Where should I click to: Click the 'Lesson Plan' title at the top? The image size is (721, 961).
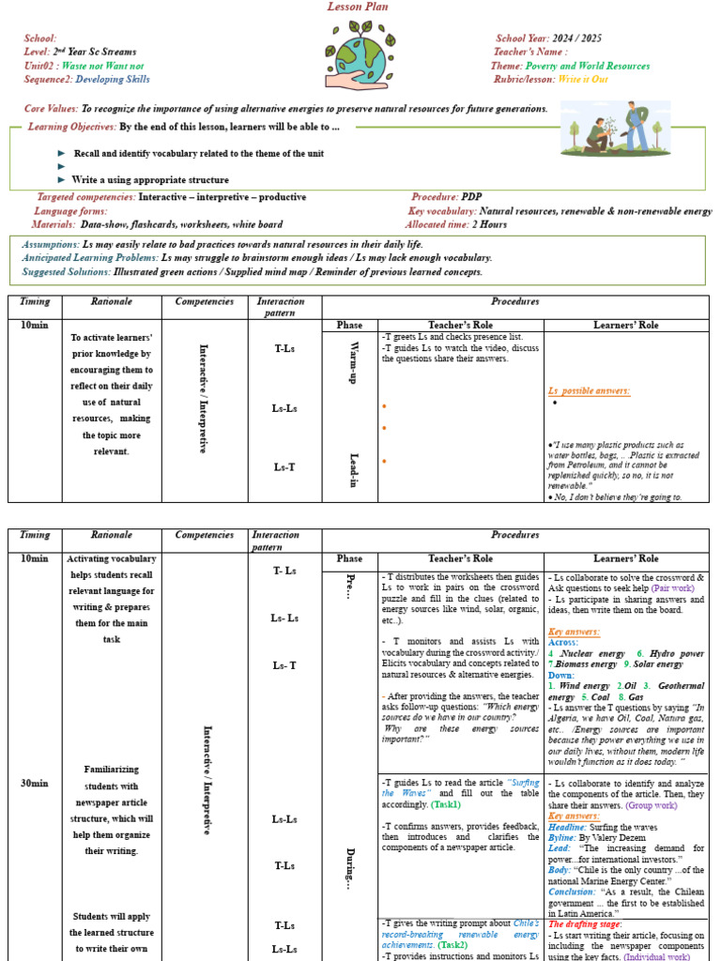point(357,7)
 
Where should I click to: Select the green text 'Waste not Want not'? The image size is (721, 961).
point(102,66)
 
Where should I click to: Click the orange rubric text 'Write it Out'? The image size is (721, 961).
point(583,80)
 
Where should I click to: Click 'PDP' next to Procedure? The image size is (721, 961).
point(472,197)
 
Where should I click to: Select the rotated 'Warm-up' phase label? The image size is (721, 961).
point(350,365)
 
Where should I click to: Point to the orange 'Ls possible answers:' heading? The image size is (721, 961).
point(589,390)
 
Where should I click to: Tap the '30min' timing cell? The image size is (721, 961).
point(35,783)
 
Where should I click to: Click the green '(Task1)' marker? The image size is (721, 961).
point(447,804)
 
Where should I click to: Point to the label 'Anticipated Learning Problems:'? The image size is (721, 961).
point(90,257)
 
